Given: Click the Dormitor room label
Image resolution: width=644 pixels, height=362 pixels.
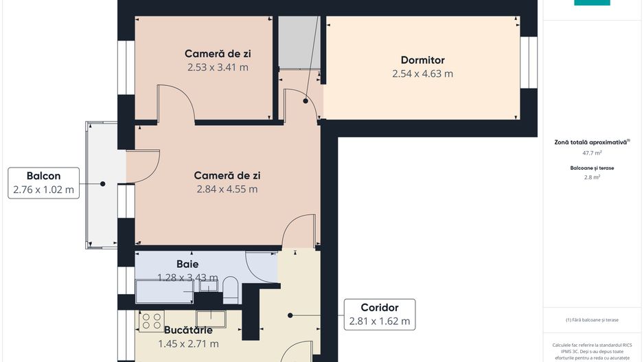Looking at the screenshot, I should click(x=422, y=60).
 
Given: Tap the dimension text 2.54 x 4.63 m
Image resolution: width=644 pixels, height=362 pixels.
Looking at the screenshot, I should click(x=422, y=73).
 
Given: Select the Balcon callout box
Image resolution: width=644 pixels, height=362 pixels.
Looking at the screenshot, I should click(x=43, y=183).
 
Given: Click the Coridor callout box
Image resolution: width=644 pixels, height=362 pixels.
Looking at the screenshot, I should click(x=379, y=314).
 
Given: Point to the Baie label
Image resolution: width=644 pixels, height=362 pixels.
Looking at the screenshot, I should click(x=187, y=264).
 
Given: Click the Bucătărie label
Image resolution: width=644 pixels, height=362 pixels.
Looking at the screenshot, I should click(x=188, y=330).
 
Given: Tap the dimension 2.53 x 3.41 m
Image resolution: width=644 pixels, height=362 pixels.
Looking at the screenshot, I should click(x=218, y=67).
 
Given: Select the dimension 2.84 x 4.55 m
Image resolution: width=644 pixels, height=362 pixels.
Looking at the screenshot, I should click(x=227, y=189).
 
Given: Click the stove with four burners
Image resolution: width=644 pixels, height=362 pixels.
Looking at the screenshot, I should click(x=151, y=320).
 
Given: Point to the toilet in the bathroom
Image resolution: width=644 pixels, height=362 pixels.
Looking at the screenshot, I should click(x=230, y=290).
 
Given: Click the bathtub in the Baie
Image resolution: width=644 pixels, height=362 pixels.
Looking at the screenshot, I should click(x=165, y=291).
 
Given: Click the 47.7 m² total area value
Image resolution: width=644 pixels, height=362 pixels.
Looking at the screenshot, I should click(x=592, y=153).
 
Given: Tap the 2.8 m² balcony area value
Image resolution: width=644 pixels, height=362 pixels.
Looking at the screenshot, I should click(x=592, y=177).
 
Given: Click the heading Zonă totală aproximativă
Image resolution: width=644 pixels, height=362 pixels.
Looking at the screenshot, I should click(x=592, y=142).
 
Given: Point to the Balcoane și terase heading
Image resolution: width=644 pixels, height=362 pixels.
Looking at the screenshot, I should click(x=592, y=167).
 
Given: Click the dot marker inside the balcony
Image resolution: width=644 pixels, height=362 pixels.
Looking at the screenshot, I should click(x=102, y=183).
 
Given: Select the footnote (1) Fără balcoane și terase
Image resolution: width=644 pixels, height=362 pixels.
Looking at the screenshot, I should click(x=592, y=320).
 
